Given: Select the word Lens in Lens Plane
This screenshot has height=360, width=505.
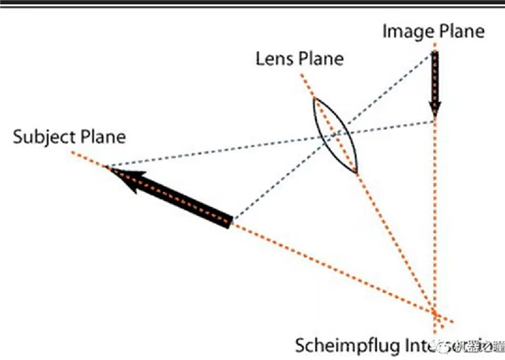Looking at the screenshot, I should click(273, 59).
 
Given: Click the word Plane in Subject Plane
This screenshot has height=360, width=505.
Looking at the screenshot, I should click(102, 137).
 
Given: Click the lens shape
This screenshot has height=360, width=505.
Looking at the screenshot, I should click(337, 135).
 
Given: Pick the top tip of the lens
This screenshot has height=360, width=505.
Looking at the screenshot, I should click(315, 97).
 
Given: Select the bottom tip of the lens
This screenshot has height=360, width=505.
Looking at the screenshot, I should click(357, 172).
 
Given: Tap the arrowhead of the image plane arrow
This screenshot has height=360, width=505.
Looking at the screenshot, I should click(434, 110).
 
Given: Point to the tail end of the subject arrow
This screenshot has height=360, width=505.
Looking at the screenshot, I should click(231, 220).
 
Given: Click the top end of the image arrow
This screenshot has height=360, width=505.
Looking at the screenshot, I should click(434, 54).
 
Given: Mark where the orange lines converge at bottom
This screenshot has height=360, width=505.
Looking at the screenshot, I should click(434, 314).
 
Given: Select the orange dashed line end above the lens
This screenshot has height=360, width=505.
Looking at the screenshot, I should click(301, 74).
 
